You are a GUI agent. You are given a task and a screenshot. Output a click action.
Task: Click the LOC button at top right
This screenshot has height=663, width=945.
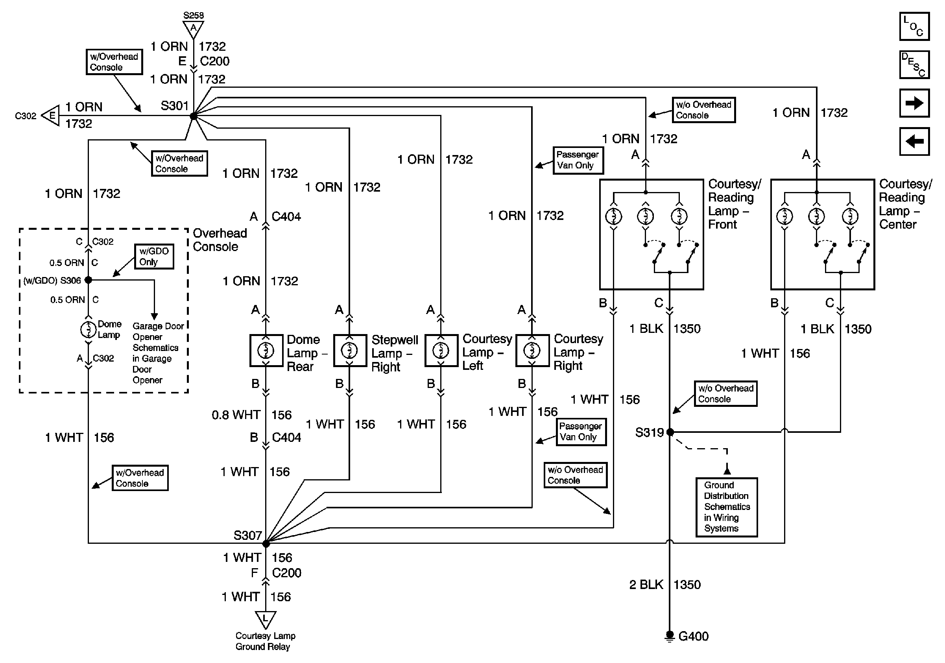[x=914, y=27]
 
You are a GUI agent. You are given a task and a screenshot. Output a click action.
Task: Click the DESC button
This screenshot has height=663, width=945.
[x=914, y=65]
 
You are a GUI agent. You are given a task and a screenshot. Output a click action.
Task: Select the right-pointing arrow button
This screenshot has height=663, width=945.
[x=914, y=103]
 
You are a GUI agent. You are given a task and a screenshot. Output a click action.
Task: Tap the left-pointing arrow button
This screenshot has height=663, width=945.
[x=914, y=141]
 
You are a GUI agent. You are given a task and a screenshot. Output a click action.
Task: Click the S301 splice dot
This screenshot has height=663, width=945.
[x=194, y=116]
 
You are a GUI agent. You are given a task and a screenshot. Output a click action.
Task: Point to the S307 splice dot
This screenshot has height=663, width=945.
[x=266, y=544]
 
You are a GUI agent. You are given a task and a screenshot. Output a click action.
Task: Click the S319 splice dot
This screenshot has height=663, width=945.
[x=670, y=432]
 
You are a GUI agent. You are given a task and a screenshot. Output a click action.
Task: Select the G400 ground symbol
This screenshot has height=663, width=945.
[x=670, y=636]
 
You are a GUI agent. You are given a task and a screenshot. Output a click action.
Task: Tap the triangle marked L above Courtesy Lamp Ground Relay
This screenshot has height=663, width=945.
[x=266, y=619]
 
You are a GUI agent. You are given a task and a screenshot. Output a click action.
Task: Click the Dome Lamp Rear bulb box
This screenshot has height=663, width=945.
[x=266, y=351]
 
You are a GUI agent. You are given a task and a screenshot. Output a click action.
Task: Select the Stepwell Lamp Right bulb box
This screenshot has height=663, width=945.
[x=350, y=351]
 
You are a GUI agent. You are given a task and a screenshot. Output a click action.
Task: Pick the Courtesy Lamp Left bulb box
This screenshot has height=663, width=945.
[x=441, y=351]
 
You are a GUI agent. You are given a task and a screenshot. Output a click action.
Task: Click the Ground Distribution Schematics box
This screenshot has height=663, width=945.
[x=726, y=507]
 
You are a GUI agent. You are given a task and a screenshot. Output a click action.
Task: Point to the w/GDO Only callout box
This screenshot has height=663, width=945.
[x=154, y=257]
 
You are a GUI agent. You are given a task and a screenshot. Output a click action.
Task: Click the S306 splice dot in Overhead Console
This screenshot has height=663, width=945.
[x=88, y=280]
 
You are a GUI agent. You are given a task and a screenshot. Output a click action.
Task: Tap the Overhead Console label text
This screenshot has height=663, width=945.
[x=220, y=240]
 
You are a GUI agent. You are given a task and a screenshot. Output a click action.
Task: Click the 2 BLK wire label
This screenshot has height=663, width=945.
[x=646, y=585]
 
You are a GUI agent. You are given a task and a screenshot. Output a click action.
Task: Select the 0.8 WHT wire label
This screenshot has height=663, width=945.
[x=236, y=415]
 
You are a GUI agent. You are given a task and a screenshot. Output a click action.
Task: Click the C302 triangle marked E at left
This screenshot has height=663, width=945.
[x=51, y=116]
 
